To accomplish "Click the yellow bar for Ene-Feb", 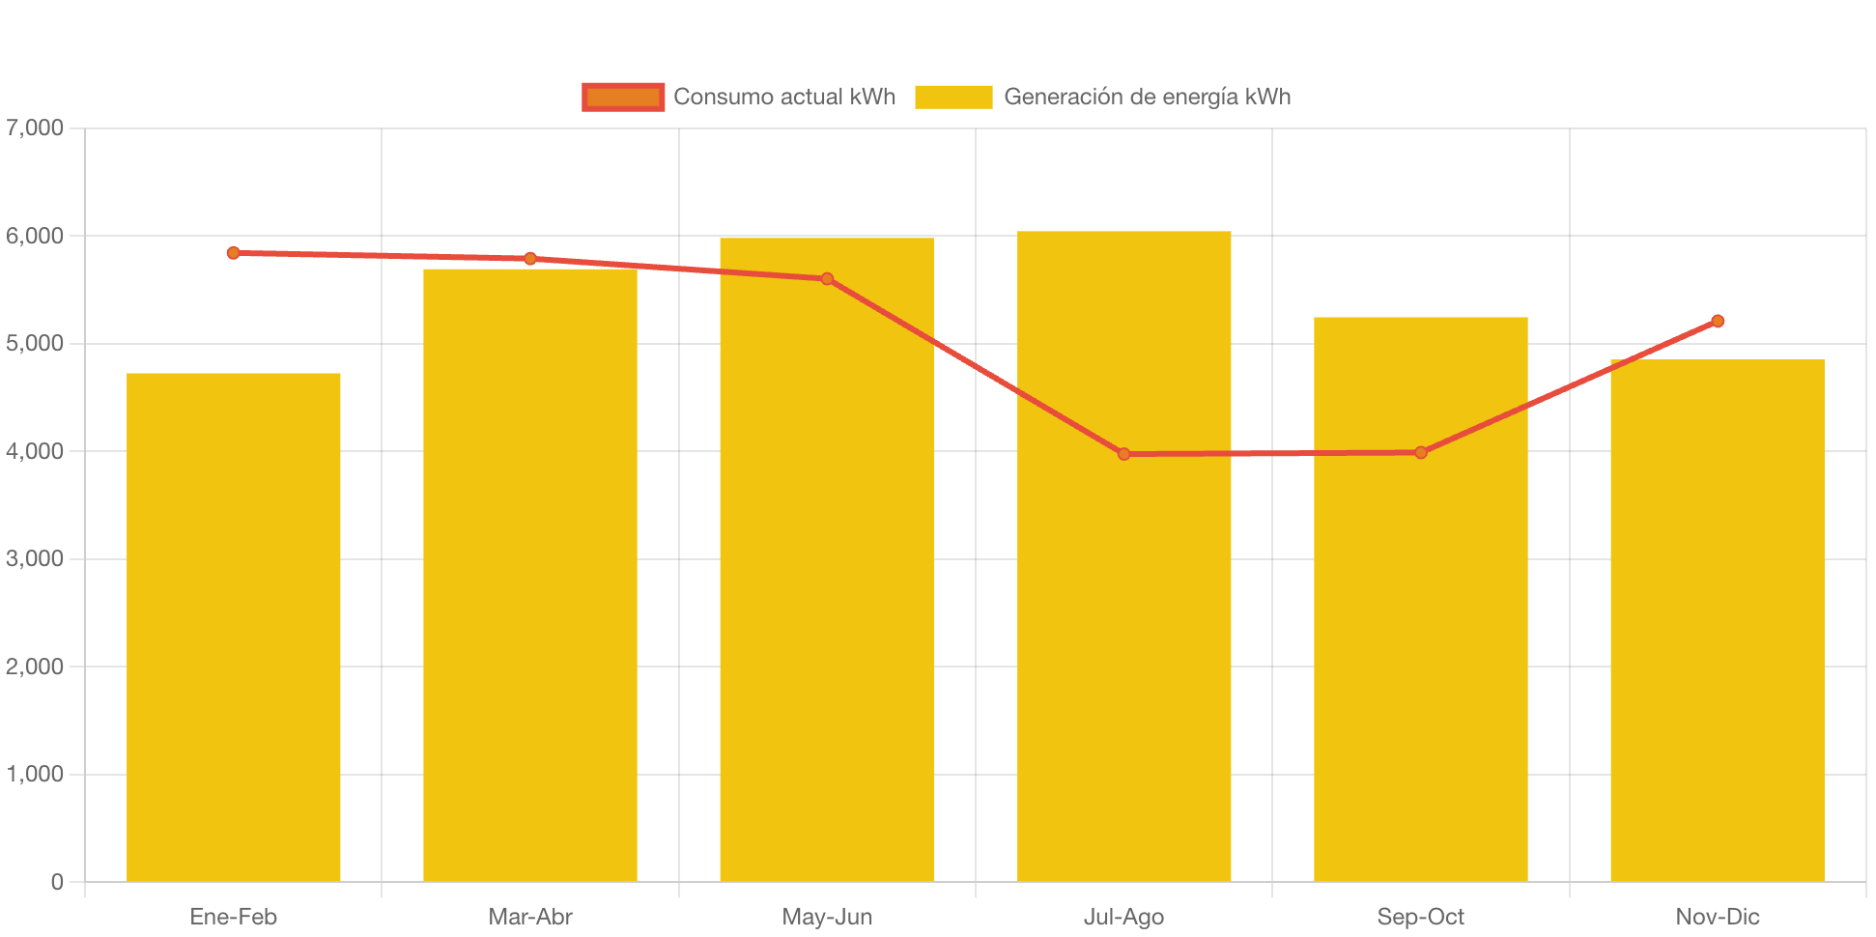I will pyautogui.click(x=234, y=628).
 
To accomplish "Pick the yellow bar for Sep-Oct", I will pyautogui.click(x=1420, y=599).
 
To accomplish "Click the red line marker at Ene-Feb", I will pyautogui.click(x=234, y=253).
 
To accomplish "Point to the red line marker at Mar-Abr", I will pyautogui.click(x=530, y=259).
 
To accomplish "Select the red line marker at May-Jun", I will pyautogui.click(x=827, y=279).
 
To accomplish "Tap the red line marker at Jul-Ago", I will pyautogui.click(x=1123, y=454).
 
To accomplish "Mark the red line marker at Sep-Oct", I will pyautogui.click(x=1420, y=452).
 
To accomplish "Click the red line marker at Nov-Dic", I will pyautogui.click(x=1718, y=322).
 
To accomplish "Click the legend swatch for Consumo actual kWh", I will pyautogui.click(x=623, y=97).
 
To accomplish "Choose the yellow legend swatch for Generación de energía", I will pyautogui.click(x=953, y=97).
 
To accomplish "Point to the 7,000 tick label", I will pyautogui.click(x=35, y=128).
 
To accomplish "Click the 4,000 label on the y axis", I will pyautogui.click(x=35, y=451).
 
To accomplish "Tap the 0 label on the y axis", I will pyautogui.click(x=57, y=882).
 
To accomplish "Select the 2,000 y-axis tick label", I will pyautogui.click(x=35, y=667).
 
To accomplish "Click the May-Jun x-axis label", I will pyautogui.click(x=827, y=917).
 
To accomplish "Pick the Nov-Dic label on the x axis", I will pyautogui.click(x=1718, y=917).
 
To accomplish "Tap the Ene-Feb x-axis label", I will pyautogui.click(x=234, y=917).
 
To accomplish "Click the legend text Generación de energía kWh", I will pyautogui.click(x=1147, y=97).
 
